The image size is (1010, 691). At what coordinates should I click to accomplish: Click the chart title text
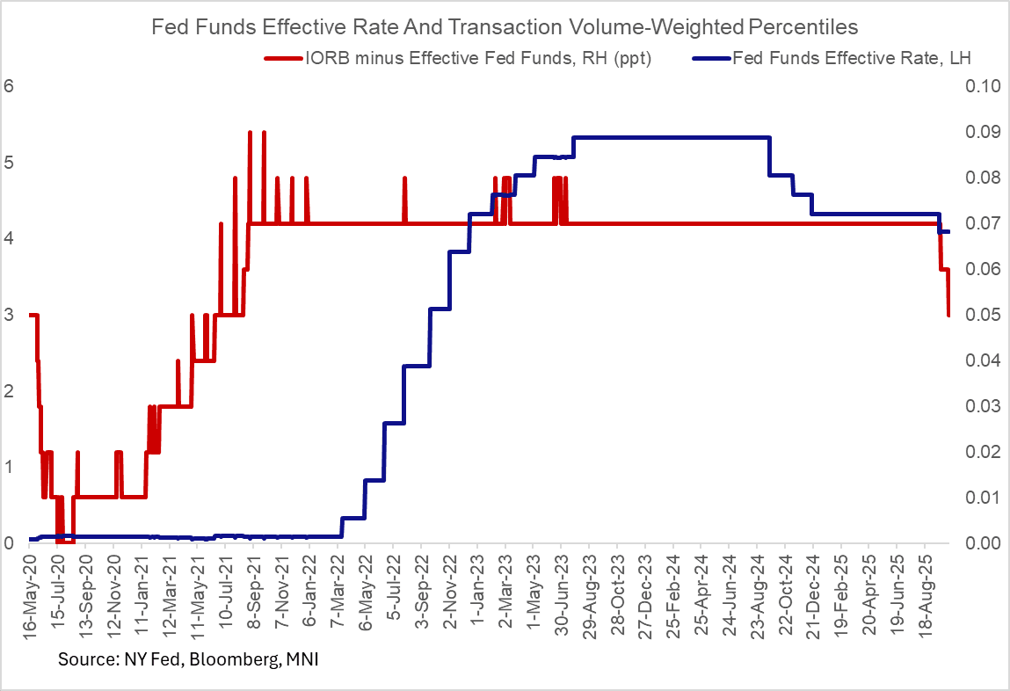click(505, 27)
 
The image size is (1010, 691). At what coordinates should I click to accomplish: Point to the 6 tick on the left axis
click(10, 86)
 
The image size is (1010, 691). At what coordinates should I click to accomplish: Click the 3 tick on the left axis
click(10, 315)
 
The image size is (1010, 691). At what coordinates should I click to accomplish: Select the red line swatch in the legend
click(283, 58)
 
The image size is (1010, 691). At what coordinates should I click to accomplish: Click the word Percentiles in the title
click(804, 27)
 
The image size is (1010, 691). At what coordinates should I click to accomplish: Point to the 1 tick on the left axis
click(10, 467)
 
